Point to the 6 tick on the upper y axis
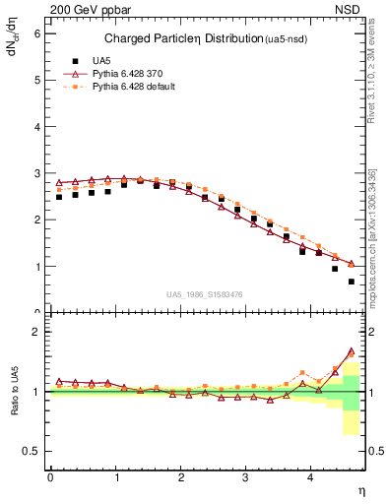point(36,32)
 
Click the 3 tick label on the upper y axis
point(36,173)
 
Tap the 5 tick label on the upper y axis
point(36,80)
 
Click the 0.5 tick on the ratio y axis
point(32,451)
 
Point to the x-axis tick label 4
point(311,477)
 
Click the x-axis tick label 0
point(50,477)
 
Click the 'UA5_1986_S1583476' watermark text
point(204,294)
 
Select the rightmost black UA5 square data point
point(352,282)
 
